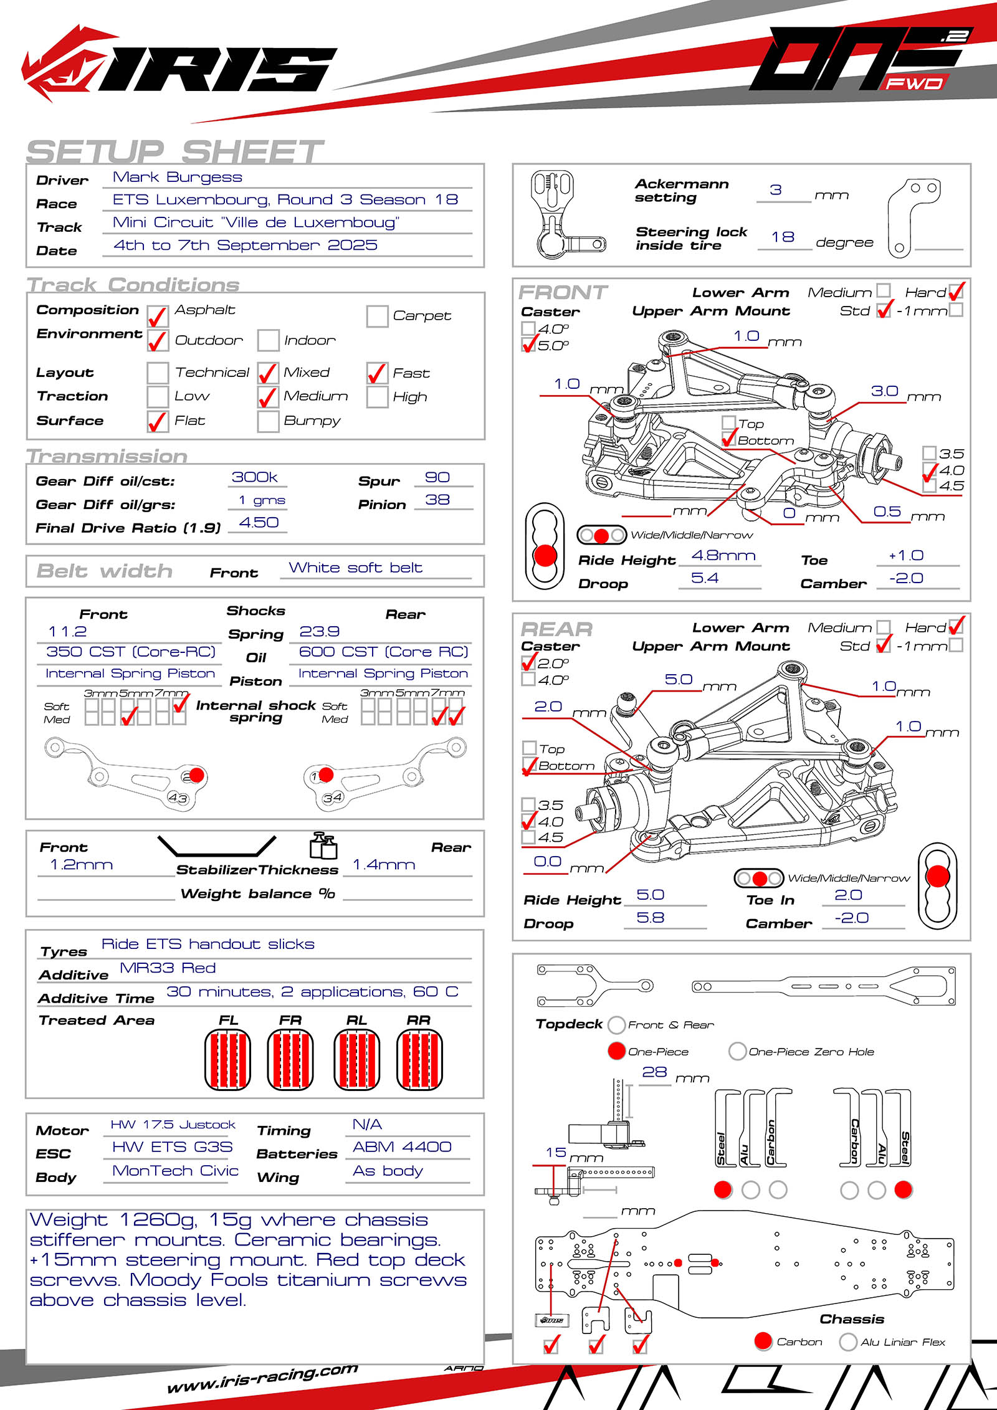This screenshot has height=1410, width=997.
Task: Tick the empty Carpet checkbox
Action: coord(377,316)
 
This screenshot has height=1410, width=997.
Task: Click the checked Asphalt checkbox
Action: coord(158,316)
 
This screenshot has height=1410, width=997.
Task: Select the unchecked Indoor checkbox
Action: coord(268,340)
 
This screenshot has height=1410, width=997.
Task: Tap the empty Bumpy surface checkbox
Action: coord(268,421)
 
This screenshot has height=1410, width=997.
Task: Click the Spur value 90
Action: coord(437,477)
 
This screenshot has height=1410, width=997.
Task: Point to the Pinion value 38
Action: coord(437,500)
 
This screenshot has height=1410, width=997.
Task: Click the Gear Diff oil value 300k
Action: coord(255,477)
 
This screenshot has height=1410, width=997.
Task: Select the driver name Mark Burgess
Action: coord(178,177)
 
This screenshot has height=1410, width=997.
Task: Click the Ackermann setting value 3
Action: coord(776,189)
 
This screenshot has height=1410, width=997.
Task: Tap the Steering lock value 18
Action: coord(783,237)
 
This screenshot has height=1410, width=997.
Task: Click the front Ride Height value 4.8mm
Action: coord(723,555)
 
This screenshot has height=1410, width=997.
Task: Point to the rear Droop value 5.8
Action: coord(651,918)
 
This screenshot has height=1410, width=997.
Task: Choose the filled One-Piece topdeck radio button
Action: coord(616,1051)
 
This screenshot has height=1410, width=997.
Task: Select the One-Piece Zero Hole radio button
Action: coord(737,1051)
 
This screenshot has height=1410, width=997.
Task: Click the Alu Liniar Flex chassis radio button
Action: coord(848,1341)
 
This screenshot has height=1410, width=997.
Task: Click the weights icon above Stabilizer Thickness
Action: coord(323,846)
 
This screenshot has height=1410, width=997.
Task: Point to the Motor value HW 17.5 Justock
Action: coord(173,1125)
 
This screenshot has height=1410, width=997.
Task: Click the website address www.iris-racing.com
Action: coord(262,1378)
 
